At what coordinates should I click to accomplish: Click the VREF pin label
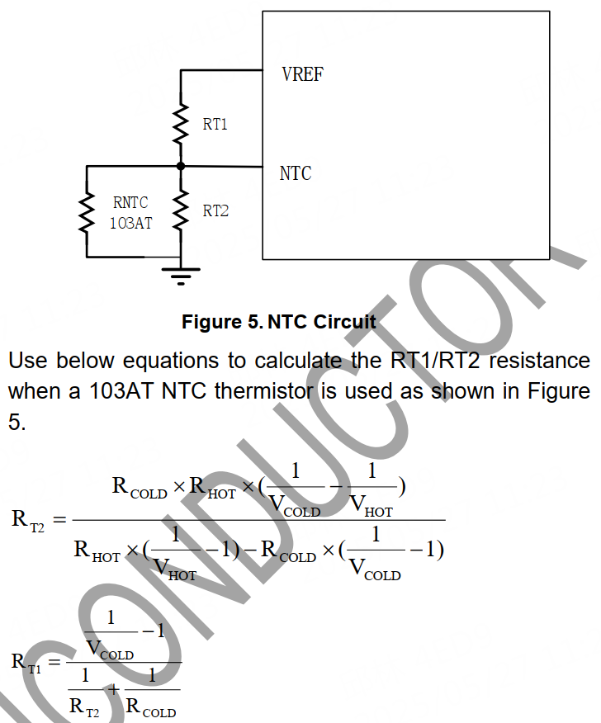[302, 74]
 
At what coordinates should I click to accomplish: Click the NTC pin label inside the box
[296, 173]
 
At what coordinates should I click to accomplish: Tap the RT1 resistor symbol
[181, 123]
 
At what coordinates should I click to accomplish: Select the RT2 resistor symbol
[181, 211]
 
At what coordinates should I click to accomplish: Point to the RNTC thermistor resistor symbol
[86, 211]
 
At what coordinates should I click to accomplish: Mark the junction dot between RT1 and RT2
[181, 166]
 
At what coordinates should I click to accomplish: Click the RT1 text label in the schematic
[215, 125]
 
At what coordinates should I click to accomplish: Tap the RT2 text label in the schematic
[215, 211]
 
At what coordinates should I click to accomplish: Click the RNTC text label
[130, 202]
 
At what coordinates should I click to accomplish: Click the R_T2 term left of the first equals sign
[28, 520]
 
